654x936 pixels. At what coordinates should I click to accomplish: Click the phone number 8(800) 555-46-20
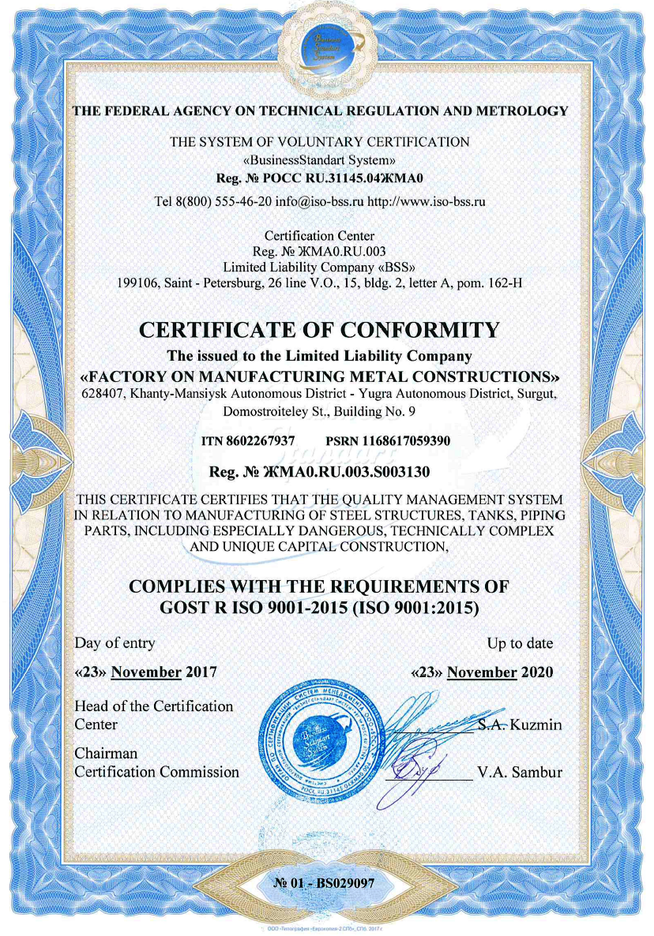click(x=224, y=201)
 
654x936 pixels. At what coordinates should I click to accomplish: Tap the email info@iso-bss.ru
click(x=320, y=201)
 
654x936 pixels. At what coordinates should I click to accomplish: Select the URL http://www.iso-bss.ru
click(x=427, y=201)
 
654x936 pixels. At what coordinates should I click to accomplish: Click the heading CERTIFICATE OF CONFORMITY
click(x=319, y=330)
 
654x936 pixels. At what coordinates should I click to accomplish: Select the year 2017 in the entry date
click(x=201, y=672)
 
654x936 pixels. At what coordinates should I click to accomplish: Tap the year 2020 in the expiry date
click(x=537, y=672)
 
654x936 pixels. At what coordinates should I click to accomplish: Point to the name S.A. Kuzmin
click(x=520, y=724)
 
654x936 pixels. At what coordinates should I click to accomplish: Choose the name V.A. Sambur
click(x=520, y=772)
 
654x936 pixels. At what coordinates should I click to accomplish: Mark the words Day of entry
click(x=115, y=643)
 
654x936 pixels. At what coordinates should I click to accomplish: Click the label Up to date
click(x=520, y=643)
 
